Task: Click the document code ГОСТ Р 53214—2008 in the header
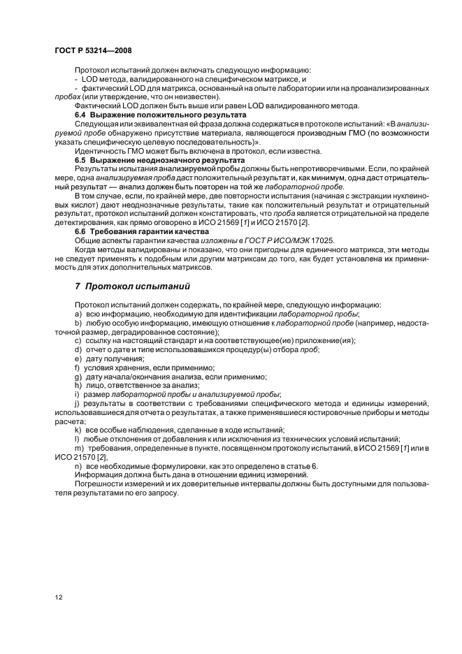[x=94, y=51]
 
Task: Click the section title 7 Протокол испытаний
[x=131, y=286]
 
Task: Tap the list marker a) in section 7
[x=78, y=314]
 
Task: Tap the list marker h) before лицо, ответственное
[x=78, y=385]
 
